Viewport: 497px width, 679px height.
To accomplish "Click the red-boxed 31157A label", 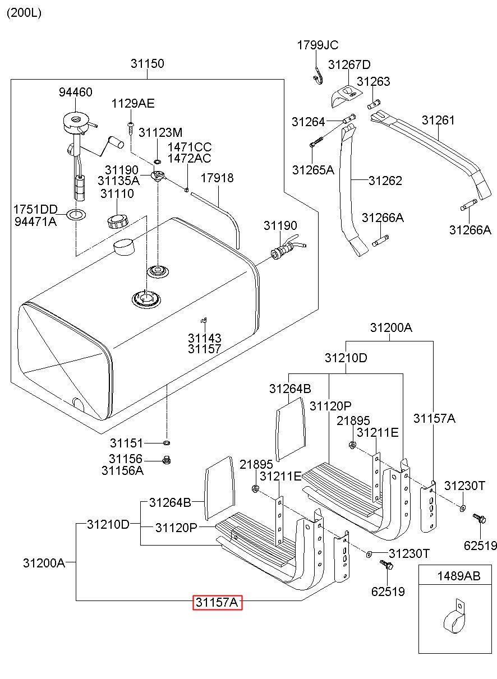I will tap(217, 602).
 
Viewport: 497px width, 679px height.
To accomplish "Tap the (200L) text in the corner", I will tap(24, 13).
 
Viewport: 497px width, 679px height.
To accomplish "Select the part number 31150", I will tap(148, 64).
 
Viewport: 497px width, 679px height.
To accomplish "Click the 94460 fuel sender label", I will tap(76, 93).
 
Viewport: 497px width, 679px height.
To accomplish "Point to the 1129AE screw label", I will tap(132, 104).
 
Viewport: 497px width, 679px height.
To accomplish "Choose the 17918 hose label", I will tap(217, 178).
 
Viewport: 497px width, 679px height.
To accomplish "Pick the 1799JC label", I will tap(318, 45).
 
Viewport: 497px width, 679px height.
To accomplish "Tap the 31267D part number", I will tap(349, 64).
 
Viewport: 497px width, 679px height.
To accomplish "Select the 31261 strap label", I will tap(439, 120).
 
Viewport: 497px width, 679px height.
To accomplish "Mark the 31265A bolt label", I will tap(312, 169).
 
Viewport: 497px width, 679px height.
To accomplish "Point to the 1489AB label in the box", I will tap(459, 576).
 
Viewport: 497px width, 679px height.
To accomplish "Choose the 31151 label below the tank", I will tap(126, 443).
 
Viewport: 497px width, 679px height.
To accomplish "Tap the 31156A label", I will tap(122, 470).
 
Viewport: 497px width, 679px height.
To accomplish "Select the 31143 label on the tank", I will tap(204, 338).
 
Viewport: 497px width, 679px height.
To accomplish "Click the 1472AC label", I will tap(189, 158).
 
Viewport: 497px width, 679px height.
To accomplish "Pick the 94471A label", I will tap(35, 221).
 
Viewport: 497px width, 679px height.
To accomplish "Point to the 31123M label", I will tap(160, 132).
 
